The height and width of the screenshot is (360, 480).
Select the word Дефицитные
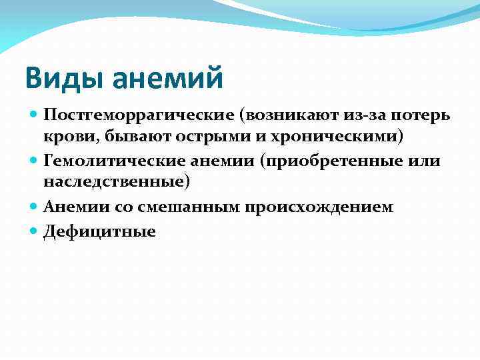[99, 232]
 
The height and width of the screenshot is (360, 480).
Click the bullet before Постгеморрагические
[33, 115]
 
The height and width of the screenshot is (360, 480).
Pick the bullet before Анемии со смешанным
[33, 207]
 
